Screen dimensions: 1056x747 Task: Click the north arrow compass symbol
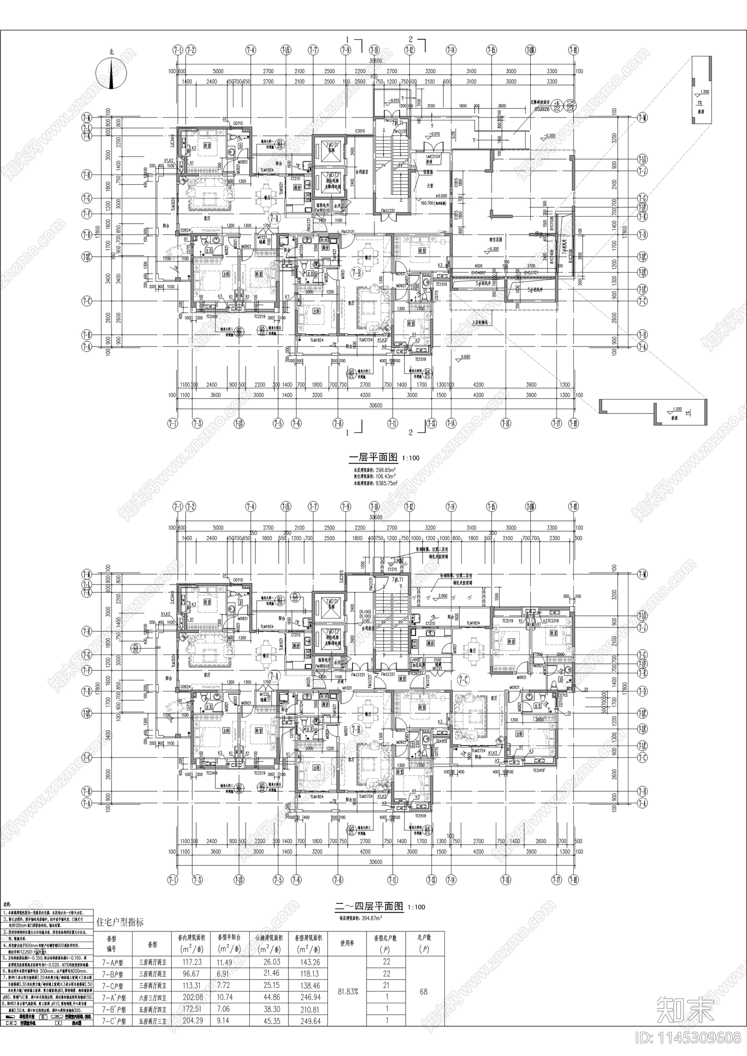(x=111, y=73)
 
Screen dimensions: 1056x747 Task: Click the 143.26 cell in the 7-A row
(x=307, y=962)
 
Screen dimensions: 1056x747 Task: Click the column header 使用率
(x=347, y=943)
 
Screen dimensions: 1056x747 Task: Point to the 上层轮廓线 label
(x=480, y=322)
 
